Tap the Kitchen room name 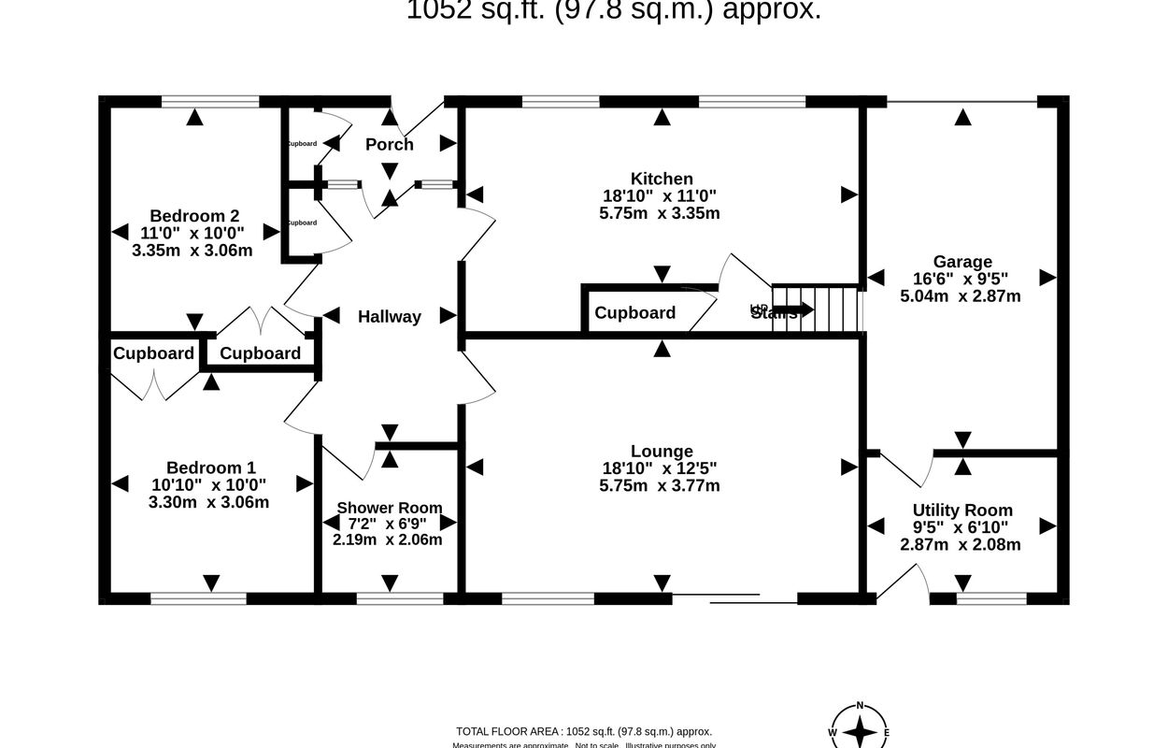(662, 179)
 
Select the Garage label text (961, 262)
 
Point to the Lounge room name (662, 452)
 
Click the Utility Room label (962, 510)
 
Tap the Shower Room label (389, 508)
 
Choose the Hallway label (390, 317)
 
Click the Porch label (390, 144)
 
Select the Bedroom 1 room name (210, 467)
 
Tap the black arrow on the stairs (792, 309)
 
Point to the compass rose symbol (860, 731)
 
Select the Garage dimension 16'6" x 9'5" (961, 279)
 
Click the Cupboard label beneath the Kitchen (635, 312)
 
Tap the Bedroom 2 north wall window (209, 100)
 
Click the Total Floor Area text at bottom (584, 731)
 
